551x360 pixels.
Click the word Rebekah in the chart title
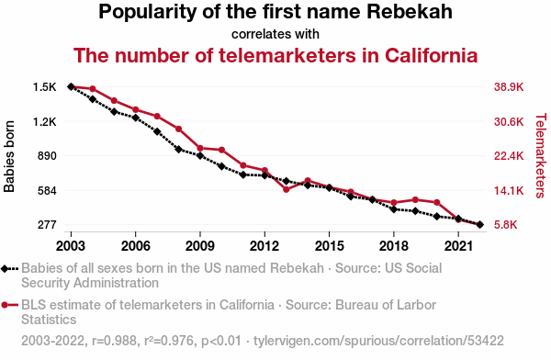coord(410,12)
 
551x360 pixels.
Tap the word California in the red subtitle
coord(432,55)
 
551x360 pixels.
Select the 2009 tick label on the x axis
coord(200,246)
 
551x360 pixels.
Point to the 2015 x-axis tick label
coord(329,246)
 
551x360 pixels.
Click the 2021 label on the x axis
coord(458,246)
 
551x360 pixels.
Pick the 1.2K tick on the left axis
coord(45,122)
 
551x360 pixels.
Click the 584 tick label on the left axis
coord(47,190)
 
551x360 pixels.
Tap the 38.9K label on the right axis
coord(509,87)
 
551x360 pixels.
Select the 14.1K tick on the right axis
coord(509,190)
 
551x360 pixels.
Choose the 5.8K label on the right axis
coord(506,225)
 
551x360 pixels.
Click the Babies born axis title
coord(9,156)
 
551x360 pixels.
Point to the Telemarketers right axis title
coord(541,155)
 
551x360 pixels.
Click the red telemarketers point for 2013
coord(286,189)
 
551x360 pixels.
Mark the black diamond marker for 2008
coord(178,150)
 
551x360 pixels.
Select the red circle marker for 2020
coord(437,202)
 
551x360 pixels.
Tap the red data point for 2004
coord(93,89)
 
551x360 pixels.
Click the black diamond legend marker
coord(5,269)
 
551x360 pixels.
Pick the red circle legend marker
coord(5,305)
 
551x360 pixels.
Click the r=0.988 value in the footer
coord(114,341)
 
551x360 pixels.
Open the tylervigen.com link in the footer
coord(378,341)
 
